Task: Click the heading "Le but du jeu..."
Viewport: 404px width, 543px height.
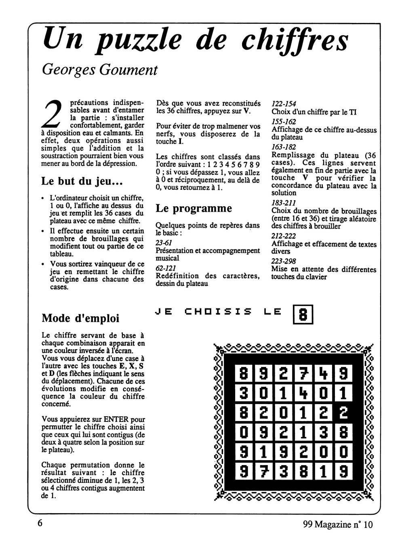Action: point(82,181)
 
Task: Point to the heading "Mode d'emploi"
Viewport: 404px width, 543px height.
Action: point(80,318)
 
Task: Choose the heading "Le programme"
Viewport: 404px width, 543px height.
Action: point(194,208)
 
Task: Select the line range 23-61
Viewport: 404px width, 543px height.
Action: point(164,243)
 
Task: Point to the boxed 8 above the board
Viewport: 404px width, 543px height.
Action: point(303,314)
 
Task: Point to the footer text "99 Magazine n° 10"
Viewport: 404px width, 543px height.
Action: point(338,525)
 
